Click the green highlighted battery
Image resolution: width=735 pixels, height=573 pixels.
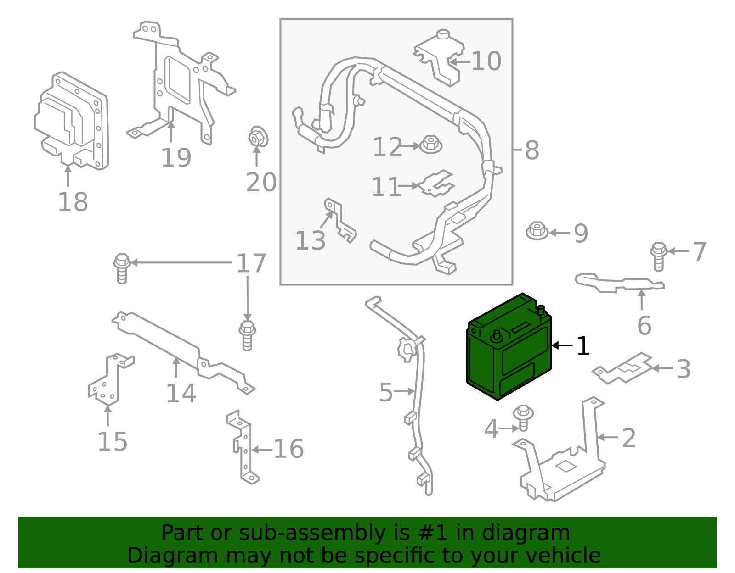[x=509, y=349]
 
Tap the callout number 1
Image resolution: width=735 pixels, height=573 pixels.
[x=582, y=346]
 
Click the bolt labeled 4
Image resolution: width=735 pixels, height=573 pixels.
[x=523, y=417]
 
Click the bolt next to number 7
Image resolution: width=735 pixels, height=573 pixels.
[x=659, y=256]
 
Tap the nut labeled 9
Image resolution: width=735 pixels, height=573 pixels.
[x=537, y=231]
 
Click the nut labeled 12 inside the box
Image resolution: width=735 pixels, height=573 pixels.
[x=431, y=145]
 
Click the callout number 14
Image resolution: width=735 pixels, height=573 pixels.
[x=181, y=393]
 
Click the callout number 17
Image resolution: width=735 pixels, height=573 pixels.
[x=251, y=263]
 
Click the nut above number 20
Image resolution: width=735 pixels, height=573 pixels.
[x=257, y=136]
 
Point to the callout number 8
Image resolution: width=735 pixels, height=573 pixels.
[x=532, y=150]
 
